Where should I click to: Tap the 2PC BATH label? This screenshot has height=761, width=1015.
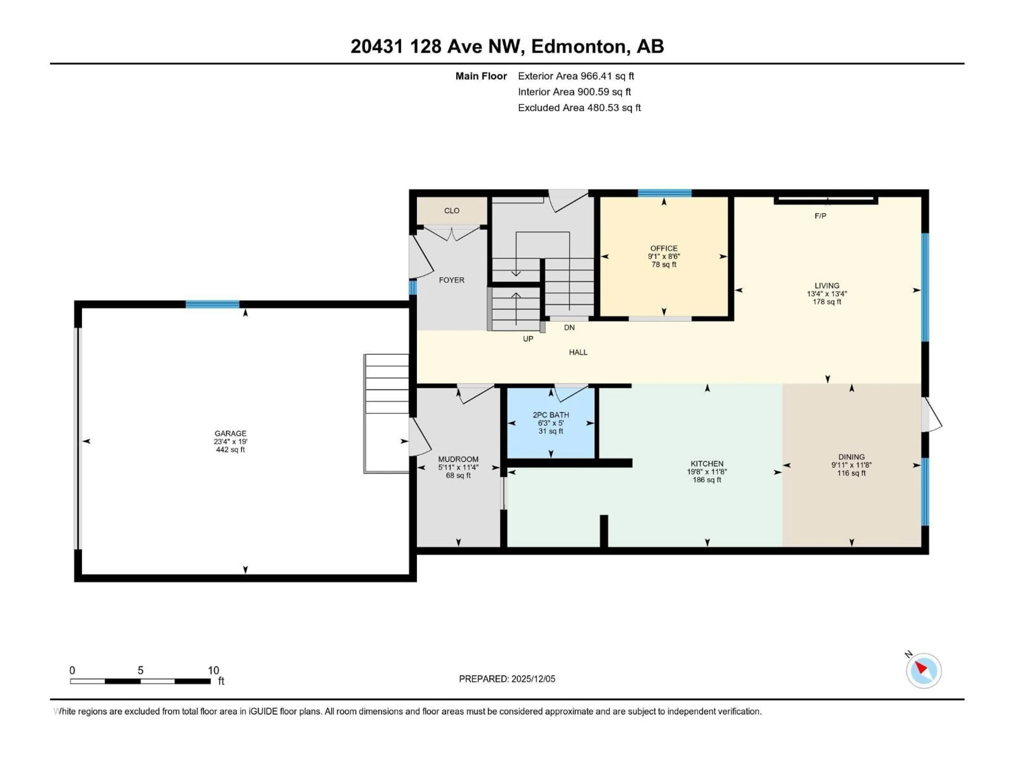551,415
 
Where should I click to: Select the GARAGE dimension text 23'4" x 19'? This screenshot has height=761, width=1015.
230,441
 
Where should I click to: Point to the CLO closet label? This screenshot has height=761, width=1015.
451,211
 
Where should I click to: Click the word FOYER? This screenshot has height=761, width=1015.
451,280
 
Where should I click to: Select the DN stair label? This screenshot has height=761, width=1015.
569,327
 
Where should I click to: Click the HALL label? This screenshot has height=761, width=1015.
578,352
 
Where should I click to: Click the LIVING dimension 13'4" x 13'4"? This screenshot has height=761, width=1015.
827,294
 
